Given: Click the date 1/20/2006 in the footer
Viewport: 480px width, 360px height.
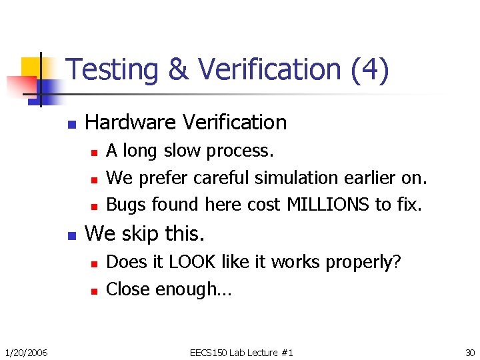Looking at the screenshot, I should click(x=25, y=352).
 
